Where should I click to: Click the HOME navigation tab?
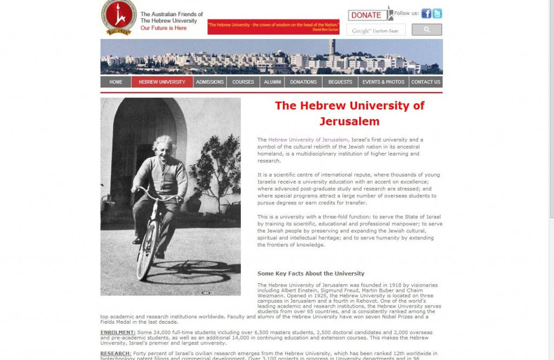click(116, 82)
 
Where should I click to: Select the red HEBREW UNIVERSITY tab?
click(162, 82)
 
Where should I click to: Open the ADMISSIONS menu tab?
click(210, 82)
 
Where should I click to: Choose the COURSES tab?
click(243, 82)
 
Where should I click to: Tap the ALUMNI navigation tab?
click(272, 82)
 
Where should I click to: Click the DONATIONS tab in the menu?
click(303, 82)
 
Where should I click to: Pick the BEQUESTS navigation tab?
click(340, 82)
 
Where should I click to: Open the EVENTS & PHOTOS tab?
click(383, 82)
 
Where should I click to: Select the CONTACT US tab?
click(426, 82)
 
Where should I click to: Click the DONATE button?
click(366, 15)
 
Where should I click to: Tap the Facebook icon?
click(426, 14)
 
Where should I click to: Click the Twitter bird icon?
click(437, 14)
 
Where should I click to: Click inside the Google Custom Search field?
click(376, 31)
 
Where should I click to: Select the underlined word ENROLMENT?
click(117, 332)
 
